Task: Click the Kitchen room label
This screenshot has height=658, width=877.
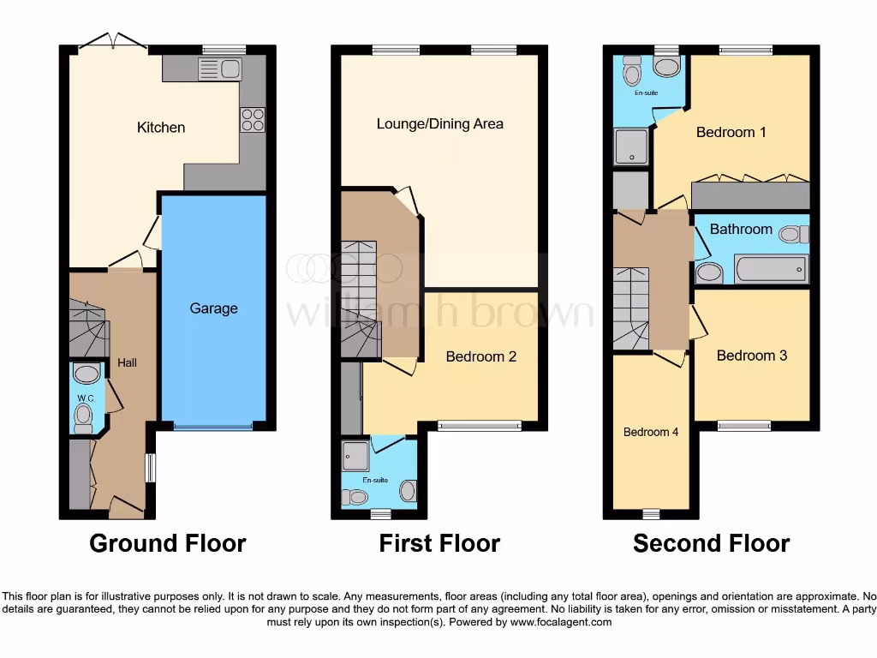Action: click(x=161, y=128)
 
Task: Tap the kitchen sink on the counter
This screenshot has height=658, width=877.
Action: click(x=220, y=69)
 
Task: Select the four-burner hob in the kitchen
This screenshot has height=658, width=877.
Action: click(x=253, y=120)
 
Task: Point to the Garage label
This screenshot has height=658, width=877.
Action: click(x=213, y=308)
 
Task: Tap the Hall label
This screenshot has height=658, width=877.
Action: click(x=127, y=363)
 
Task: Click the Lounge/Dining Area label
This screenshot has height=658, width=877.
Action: click(x=440, y=124)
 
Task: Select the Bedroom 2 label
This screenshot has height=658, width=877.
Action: click(x=480, y=356)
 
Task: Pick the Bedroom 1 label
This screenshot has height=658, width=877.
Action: click(x=731, y=133)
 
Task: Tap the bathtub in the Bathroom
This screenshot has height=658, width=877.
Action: click(x=771, y=270)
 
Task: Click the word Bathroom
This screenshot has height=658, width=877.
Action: click(x=741, y=230)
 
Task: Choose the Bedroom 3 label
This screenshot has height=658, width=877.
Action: click(x=751, y=356)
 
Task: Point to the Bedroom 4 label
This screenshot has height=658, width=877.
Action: click(x=650, y=432)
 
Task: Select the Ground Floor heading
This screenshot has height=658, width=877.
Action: click(x=167, y=543)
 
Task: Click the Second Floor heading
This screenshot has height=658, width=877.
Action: click(x=711, y=543)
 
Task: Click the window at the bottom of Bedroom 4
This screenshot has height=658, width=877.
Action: click(x=651, y=514)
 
